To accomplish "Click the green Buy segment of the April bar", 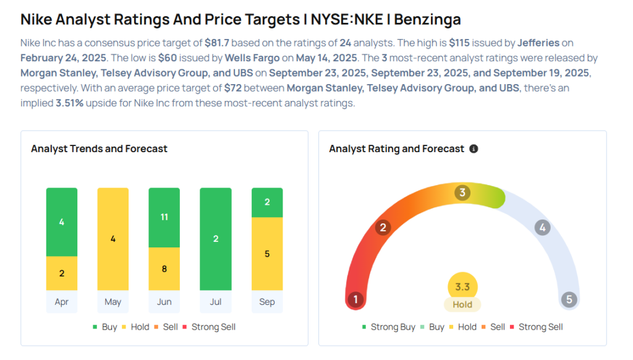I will click(x=62, y=222).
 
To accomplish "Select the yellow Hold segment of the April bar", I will click(x=62, y=273).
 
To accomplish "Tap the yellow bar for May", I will click(x=113, y=239).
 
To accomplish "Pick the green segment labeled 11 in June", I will click(x=164, y=218).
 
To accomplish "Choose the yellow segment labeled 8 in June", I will click(x=164, y=269).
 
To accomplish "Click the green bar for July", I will click(x=216, y=239).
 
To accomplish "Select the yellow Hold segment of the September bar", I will click(x=267, y=254).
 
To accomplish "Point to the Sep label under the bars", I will click(x=267, y=302).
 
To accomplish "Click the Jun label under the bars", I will click(x=164, y=302).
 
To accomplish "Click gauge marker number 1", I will click(x=355, y=300).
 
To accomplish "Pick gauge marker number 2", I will click(x=383, y=228).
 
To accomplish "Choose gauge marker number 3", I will click(x=462, y=192).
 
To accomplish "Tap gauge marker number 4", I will click(x=542, y=228).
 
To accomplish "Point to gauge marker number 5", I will click(x=569, y=300).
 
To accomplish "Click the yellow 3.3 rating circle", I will click(x=462, y=287).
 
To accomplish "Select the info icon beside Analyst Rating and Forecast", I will click(x=474, y=149).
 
